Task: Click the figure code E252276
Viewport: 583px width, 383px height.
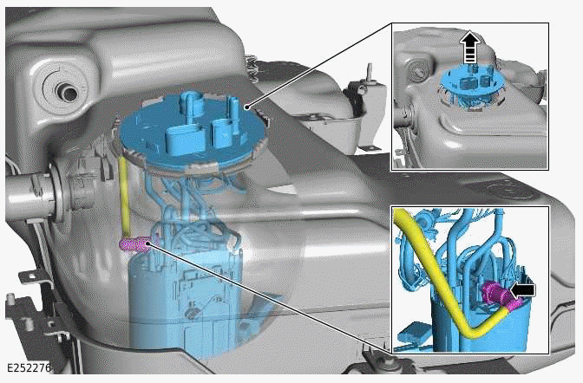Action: (x=28, y=367)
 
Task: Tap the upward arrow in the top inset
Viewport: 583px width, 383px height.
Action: (x=469, y=45)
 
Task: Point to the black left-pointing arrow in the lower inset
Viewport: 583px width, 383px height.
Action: (x=525, y=287)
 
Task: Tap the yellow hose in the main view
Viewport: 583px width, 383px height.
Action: (x=127, y=195)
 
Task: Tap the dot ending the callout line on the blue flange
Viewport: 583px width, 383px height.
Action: (x=249, y=107)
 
